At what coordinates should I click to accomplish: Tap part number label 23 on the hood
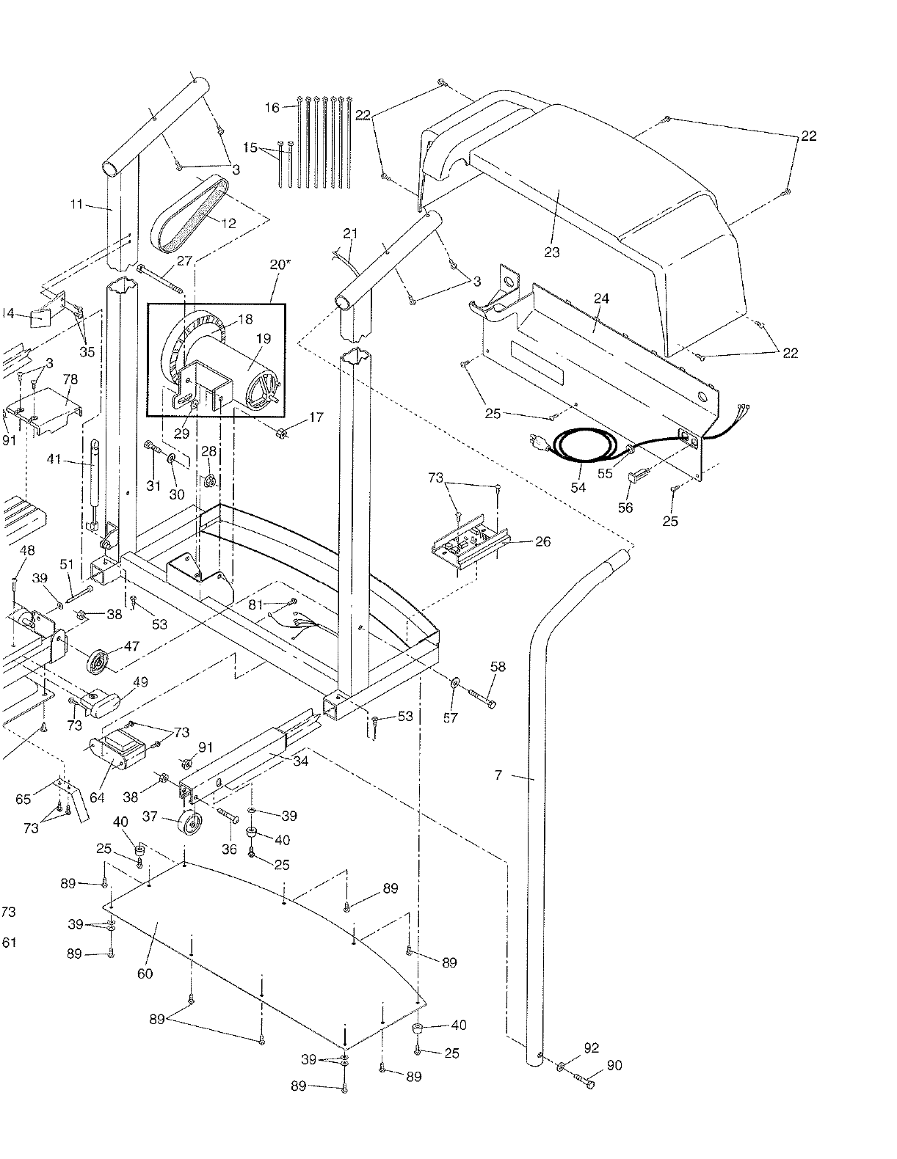pos(552,252)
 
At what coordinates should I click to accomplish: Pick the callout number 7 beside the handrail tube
pos(498,775)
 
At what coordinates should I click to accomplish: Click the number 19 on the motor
pos(264,339)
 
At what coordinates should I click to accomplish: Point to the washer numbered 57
pos(454,684)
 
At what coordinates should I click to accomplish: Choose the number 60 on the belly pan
pos(145,973)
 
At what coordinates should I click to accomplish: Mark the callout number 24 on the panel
pos(601,299)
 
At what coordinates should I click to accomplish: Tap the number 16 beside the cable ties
pos(272,108)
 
